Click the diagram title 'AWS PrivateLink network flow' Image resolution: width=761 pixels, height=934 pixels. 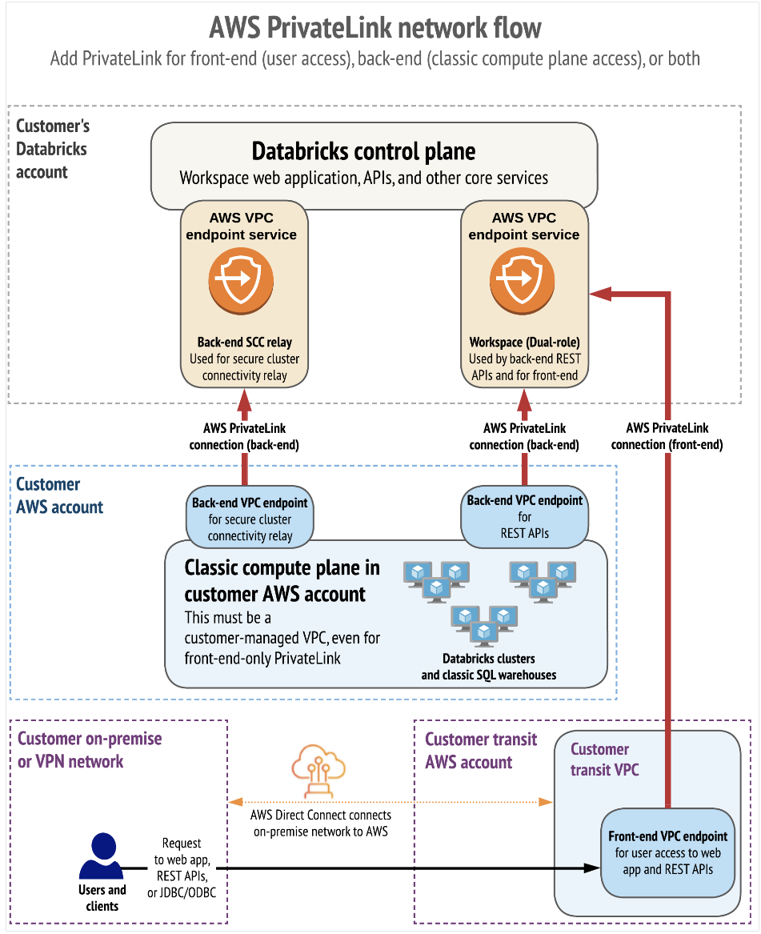tap(375, 28)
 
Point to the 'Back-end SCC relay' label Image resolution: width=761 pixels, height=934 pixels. tap(245, 343)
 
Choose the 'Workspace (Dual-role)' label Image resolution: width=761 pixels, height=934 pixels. tap(524, 343)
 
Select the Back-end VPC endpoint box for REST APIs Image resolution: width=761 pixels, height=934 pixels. tap(525, 516)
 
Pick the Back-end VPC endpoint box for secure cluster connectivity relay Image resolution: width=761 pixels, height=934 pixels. tap(250, 519)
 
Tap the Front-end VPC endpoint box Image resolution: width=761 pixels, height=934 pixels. tap(668, 852)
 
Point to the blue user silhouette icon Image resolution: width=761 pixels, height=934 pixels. tap(102, 856)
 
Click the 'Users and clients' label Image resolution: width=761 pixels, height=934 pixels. tap(102, 898)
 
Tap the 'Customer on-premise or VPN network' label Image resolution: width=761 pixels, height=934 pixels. tap(90, 750)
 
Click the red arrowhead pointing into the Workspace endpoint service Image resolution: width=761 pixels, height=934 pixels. tap(597, 295)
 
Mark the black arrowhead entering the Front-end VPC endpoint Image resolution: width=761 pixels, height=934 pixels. tap(593, 868)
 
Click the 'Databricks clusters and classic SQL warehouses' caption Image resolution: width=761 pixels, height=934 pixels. tap(489, 667)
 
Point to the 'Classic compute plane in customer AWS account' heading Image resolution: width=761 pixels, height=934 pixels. tap(282, 581)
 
